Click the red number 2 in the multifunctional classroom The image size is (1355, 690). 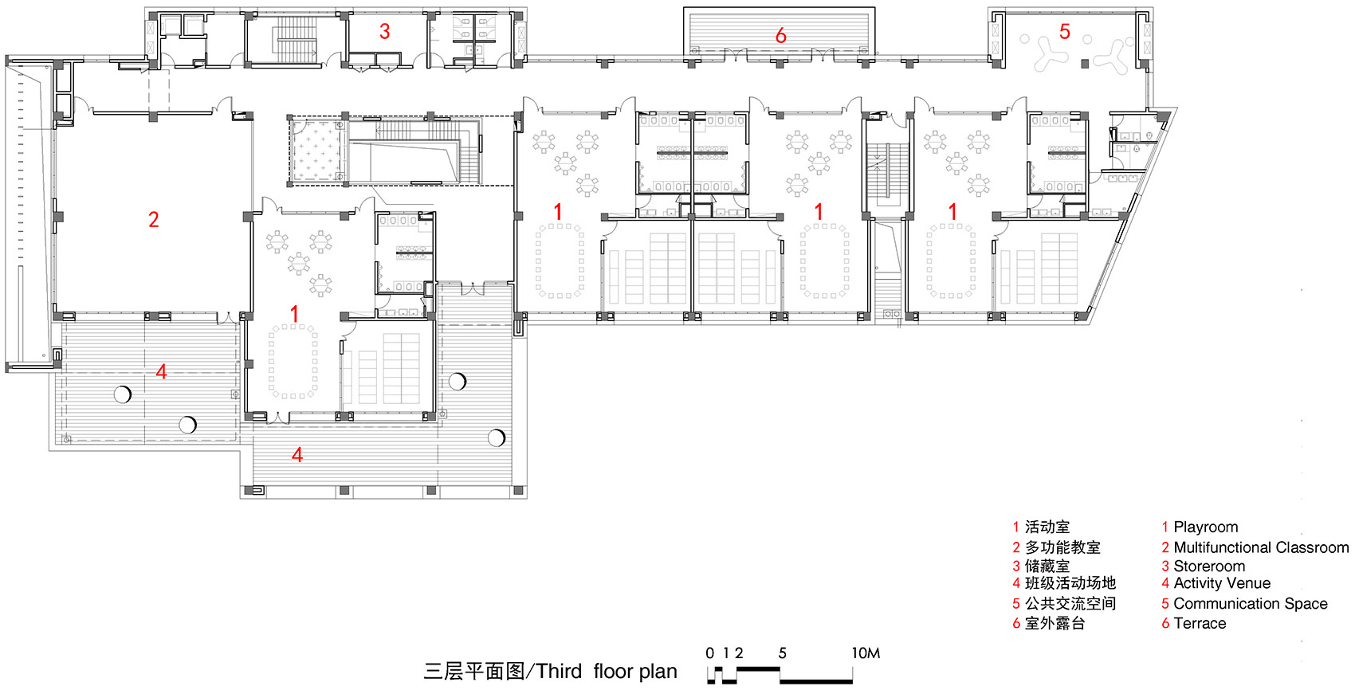pos(154,219)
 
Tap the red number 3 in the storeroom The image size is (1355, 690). pos(385,31)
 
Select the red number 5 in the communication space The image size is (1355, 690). pos(1065,32)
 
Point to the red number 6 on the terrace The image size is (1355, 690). pos(781,36)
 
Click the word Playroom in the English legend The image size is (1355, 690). pos(1205,527)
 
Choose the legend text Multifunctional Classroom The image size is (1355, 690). pos(1261,547)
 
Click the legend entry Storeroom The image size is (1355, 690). pos(1208,567)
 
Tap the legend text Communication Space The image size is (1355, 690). pos(1250,604)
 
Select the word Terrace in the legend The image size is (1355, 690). pos(1200,624)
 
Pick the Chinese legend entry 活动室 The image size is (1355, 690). pos(1047,527)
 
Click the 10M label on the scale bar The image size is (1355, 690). pos(866,653)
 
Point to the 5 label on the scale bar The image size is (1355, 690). pos(782,653)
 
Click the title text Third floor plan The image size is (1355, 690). pos(607,672)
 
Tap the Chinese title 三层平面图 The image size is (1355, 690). pos(473,672)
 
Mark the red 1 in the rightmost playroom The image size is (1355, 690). pos(952,211)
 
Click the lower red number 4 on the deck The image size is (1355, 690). pos(297,455)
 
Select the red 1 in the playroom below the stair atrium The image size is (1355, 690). pos(294,314)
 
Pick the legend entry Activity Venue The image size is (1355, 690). pos(1221,583)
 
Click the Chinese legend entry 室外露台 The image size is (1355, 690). pos(1055,624)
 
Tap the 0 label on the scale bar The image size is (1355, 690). pos(710,653)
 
